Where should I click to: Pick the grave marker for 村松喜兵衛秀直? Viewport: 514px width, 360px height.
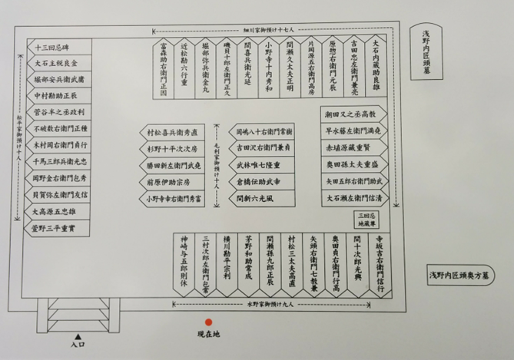(176, 131)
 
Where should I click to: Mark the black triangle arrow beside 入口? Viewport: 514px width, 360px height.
(78, 336)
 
